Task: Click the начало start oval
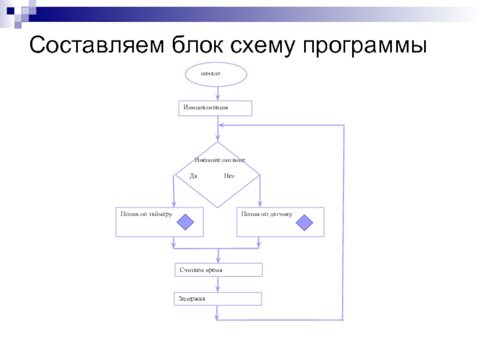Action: pos(215,74)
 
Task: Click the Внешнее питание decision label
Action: pos(220,161)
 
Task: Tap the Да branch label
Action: pos(193,176)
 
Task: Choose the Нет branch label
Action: pos(229,176)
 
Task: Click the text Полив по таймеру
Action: pos(146,214)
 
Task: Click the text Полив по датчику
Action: pos(266,214)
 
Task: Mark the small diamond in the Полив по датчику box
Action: pos(305,223)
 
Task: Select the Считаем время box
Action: pos(218,270)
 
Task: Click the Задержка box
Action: pos(218,298)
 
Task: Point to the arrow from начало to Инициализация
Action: pos(217,92)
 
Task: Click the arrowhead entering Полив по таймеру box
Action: pos(173,204)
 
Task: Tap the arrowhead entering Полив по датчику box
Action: pos(259,204)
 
